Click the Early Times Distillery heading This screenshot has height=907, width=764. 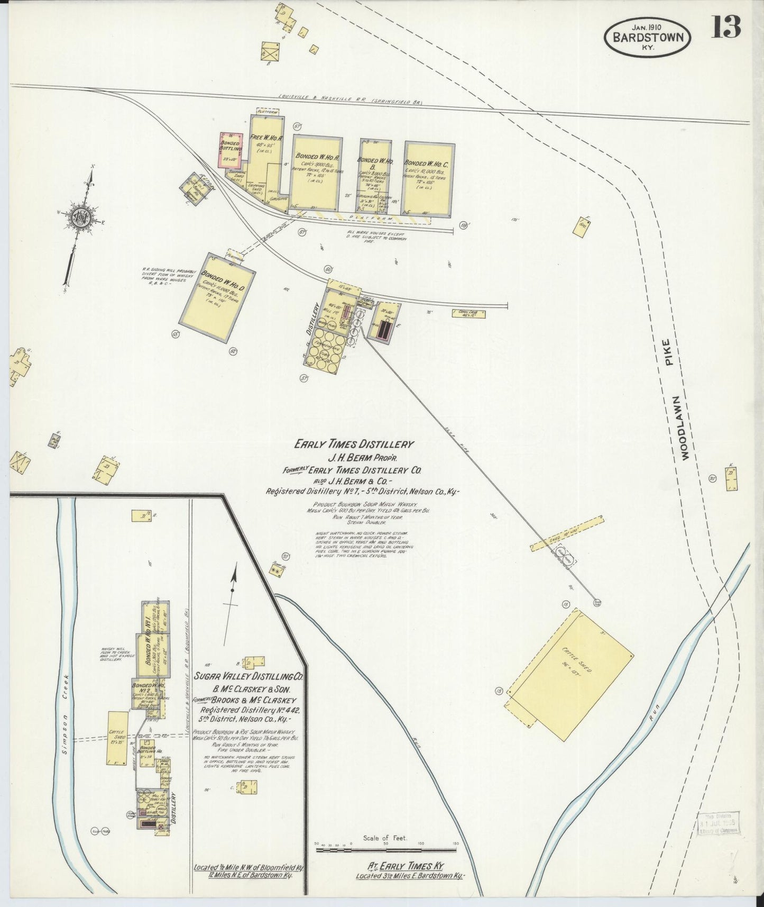(354, 445)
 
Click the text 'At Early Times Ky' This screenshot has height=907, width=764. (406, 866)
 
